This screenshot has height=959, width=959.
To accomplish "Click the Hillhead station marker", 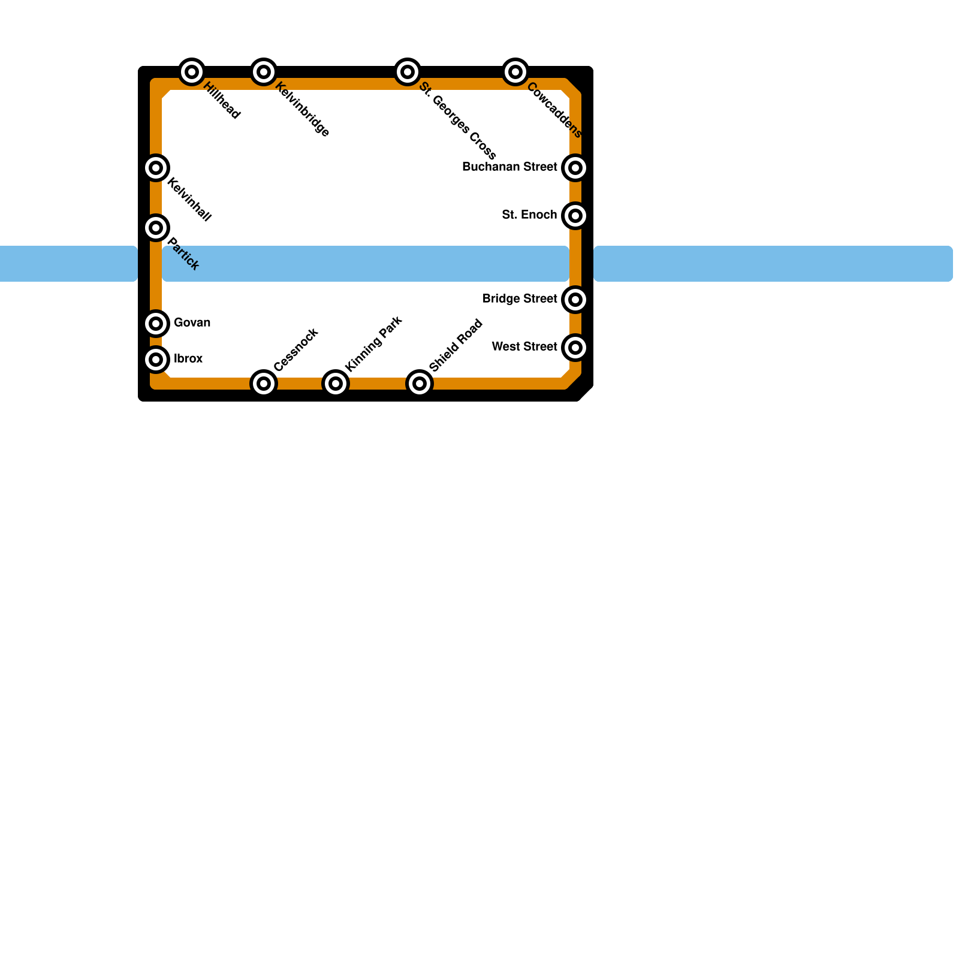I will pyautogui.click(x=192, y=72).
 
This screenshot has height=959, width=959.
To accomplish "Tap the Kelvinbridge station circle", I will pyautogui.click(x=264, y=72).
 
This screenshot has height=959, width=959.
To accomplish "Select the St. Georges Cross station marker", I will pyautogui.click(x=408, y=72).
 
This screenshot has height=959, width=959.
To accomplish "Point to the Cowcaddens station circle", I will pyautogui.click(x=515, y=72).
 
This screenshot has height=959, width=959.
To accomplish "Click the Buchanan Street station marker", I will pyautogui.click(x=575, y=168).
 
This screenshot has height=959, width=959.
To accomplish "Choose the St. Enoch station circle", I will pyautogui.click(x=575, y=216).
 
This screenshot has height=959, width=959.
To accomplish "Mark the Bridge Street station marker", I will pyautogui.click(x=575, y=300).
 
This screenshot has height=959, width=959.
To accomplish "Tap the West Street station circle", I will pyautogui.click(x=575, y=348).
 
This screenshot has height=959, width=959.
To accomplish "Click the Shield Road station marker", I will pyautogui.click(x=420, y=384).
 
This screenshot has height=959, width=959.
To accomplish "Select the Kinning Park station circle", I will pyautogui.click(x=336, y=384).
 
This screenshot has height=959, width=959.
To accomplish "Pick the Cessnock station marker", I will pyautogui.click(x=264, y=384).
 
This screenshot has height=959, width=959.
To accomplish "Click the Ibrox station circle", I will pyautogui.click(x=156, y=360).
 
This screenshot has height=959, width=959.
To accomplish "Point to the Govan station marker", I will pyautogui.click(x=156, y=324).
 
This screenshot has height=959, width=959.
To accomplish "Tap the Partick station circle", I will pyautogui.click(x=156, y=228).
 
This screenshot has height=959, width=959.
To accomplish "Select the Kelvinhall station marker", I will pyautogui.click(x=156, y=168).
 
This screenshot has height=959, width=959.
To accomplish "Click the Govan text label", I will pyautogui.click(x=192, y=323).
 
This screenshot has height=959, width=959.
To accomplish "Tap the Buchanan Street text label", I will pyautogui.click(x=509, y=167).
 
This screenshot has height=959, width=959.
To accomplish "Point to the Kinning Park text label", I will pyautogui.click(x=373, y=344).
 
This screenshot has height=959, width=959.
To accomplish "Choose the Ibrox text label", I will pyautogui.click(x=188, y=359).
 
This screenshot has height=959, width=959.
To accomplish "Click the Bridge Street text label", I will pyautogui.click(x=520, y=299).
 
